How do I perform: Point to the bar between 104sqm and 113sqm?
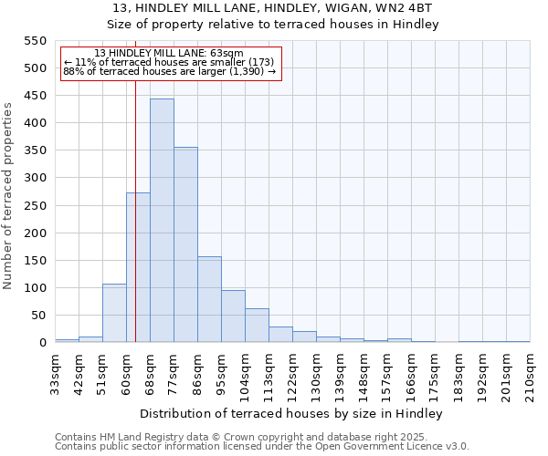(x=257, y=326)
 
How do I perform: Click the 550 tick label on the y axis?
(x=34, y=41)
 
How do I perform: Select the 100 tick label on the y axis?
(x=34, y=288)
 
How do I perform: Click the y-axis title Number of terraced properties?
(x=8, y=196)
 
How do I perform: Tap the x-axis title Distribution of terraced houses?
(x=292, y=413)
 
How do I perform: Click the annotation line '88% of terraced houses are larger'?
(x=169, y=71)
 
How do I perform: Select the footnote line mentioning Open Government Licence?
(x=262, y=447)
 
